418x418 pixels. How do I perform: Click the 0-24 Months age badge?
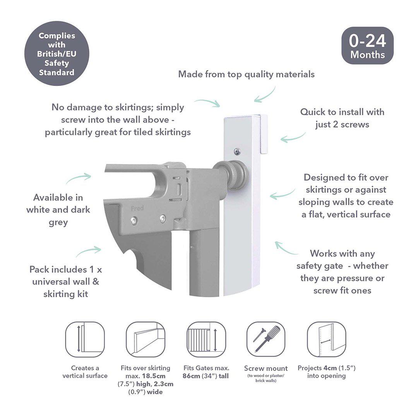[367, 45]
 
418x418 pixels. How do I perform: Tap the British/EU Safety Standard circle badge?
[57, 53]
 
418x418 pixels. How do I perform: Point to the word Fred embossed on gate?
[137, 209]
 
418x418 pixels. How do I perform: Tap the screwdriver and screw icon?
[266, 339]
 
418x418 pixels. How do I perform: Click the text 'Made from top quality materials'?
[246, 74]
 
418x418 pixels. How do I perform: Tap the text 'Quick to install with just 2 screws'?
[342, 118]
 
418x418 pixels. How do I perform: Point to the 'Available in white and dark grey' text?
[58, 210]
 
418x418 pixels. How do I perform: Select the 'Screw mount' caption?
[266, 368]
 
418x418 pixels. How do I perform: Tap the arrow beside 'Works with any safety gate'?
[286, 248]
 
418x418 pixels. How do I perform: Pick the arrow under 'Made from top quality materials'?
[265, 95]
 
